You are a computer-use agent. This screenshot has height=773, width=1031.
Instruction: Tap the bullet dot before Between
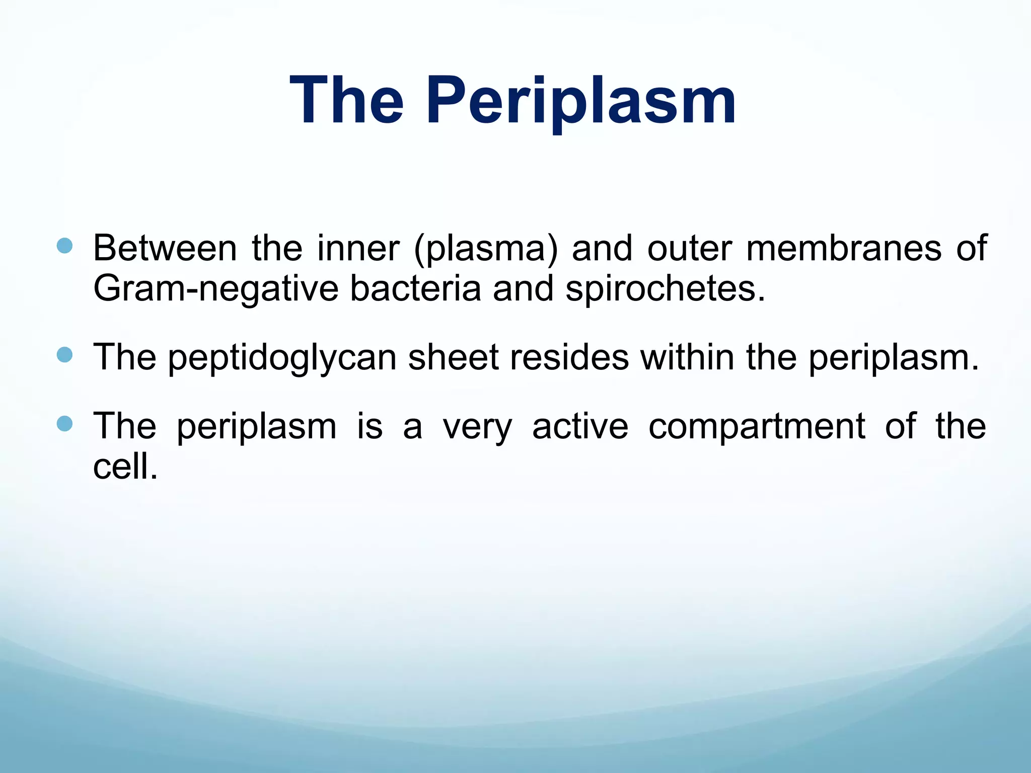point(64,246)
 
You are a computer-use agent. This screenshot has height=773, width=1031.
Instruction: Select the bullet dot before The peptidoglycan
point(64,355)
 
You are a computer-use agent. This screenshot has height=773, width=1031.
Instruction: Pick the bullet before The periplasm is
point(64,424)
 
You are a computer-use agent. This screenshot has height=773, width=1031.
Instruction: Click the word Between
point(165,248)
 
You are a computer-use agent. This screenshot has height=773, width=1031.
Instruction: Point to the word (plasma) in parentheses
point(486,249)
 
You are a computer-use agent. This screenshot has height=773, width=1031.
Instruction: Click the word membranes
point(843,248)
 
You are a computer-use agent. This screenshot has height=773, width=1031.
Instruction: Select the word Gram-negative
point(216,289)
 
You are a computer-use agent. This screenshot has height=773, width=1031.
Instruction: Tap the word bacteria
point(415,288)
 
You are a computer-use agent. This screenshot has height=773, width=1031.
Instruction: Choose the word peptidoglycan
point(282,358)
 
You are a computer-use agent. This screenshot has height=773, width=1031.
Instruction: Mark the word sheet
point(453,357)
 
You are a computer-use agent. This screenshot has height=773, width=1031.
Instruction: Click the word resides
point(569,357)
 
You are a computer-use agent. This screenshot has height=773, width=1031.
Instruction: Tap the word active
point(580,426)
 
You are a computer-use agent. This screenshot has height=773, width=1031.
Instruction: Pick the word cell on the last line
point(121,466)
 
